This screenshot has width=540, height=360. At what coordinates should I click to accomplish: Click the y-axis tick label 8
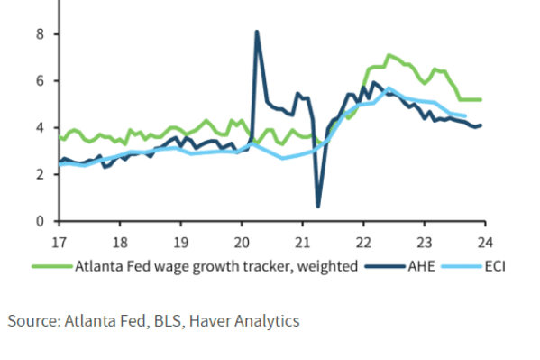tap(41, 34)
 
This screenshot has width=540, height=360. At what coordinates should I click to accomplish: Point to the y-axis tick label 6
tap(41, 81)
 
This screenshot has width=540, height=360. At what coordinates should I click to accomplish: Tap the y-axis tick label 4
tap(41, 127)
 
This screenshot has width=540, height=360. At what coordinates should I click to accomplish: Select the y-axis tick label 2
tap(41, 174)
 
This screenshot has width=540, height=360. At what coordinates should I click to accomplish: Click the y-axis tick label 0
tap(41, 221)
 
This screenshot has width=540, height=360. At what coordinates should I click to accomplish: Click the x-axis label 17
tap(59, 241)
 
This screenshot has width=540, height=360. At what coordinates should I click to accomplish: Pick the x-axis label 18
tap(120, 241)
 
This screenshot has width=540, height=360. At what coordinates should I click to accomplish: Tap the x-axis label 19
tap(180, 241)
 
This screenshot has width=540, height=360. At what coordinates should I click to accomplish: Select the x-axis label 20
tap(241, 241)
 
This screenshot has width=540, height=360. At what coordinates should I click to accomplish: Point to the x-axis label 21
tap(302, 241)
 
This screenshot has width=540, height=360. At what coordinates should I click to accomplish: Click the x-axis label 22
tap(362, 241)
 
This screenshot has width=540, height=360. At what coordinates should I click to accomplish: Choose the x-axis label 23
tap(423, 241)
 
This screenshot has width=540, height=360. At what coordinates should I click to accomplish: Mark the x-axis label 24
tap(483, 241)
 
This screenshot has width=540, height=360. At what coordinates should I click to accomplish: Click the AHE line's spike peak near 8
tap(257, 32)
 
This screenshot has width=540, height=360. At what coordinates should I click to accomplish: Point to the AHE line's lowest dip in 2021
tap(317, 207)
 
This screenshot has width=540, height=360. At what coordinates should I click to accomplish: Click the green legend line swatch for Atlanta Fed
tap(50, 265)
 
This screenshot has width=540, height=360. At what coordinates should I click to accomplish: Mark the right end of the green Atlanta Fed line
tap(482, 99)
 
